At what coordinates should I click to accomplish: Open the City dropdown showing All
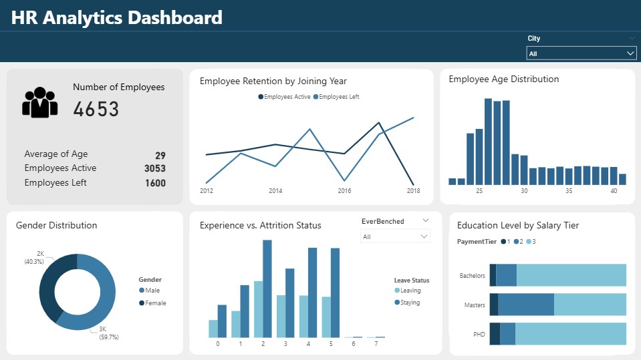(581, 53)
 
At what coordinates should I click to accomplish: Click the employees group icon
(39, 102)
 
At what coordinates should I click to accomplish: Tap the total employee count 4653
(96, 109)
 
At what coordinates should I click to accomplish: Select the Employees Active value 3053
(155, 168)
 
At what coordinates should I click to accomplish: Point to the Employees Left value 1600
(155, 183)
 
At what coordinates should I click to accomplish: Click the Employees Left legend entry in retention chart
(336, 97)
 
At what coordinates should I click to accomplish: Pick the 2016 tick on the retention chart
(344, 191)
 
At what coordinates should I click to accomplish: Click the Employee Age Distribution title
(504, 79)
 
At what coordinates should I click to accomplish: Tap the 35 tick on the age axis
(569, 191)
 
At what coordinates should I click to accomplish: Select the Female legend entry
(153, 303)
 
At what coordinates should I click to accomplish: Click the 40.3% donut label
(34, 262)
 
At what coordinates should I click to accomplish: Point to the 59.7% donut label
(109, 337)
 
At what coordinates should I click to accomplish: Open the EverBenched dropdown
(395, 236)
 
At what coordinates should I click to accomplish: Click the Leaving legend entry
(408, 291)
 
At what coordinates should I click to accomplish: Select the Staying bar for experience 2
(267, 289)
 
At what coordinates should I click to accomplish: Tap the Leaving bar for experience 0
(213, 329)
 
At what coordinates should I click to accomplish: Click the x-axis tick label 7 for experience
(376, 344)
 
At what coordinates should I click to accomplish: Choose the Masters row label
(475, 305)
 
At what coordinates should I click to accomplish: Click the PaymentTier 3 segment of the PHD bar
(571, 334)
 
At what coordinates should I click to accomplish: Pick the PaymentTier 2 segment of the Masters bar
(526, 305)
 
